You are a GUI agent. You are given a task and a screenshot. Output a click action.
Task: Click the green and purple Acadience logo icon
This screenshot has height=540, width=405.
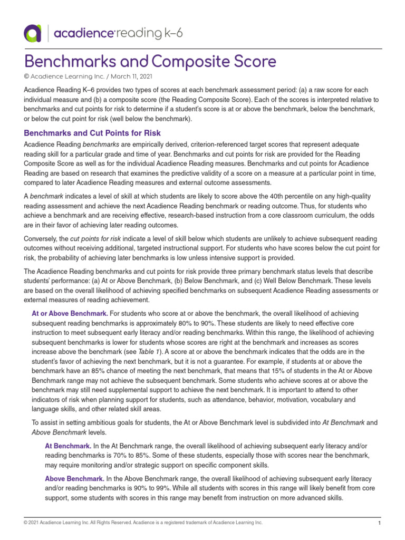pos(32,33)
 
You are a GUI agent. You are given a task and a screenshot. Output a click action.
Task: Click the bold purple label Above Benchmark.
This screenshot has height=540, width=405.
pos(74,479)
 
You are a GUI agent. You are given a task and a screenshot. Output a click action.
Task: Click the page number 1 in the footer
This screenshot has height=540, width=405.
pos(379,523)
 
